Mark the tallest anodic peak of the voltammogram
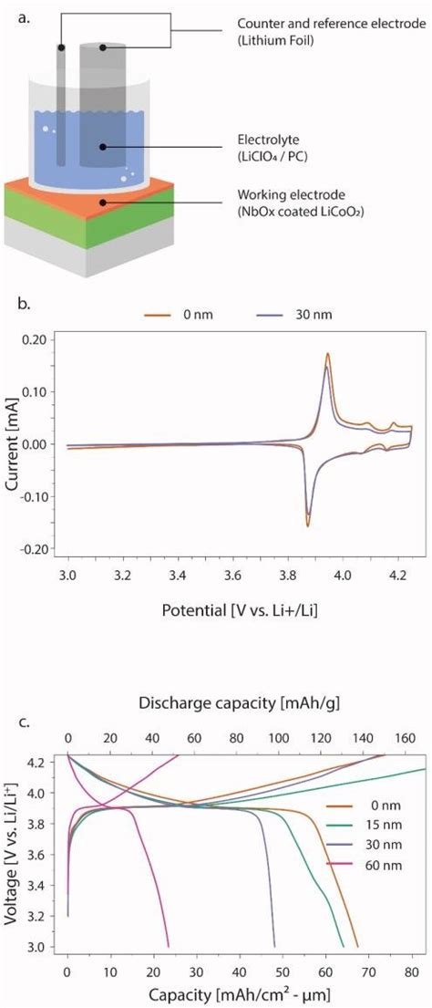click(327, 354)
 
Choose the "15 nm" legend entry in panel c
click(372, 828)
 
